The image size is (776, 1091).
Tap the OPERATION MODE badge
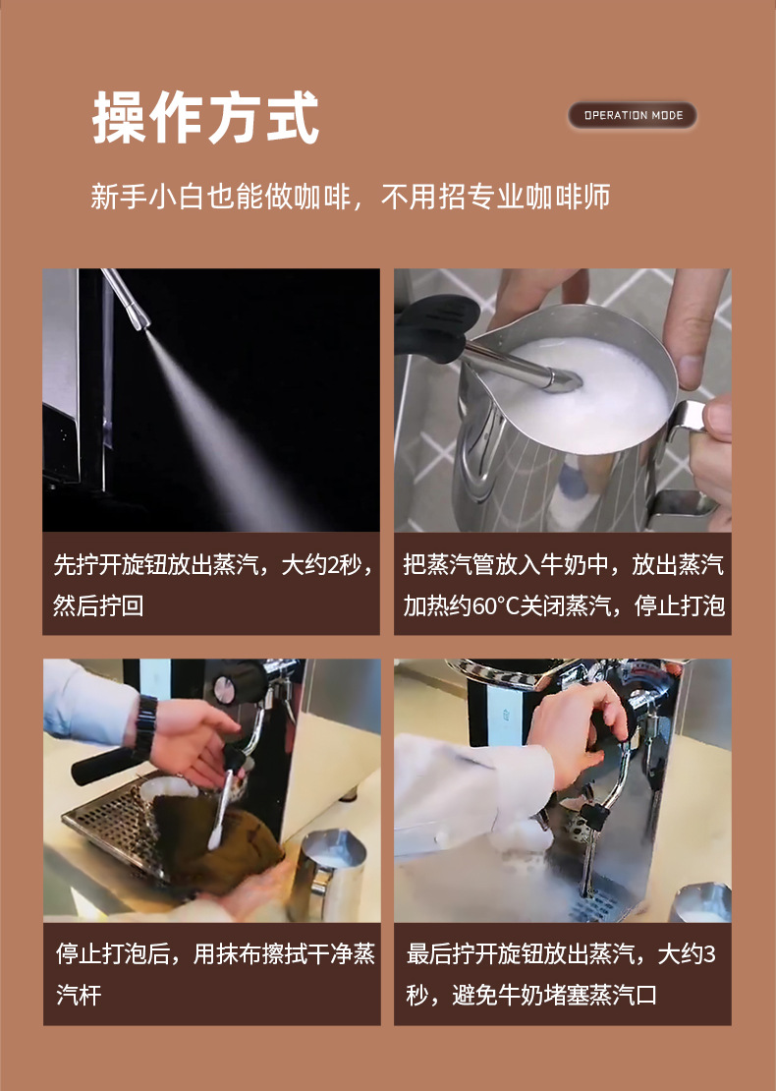[633, 115]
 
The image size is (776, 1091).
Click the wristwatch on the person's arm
[146, 726]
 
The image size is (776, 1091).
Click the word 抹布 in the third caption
[257, 954]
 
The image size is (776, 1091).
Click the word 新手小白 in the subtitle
[133, 196]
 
